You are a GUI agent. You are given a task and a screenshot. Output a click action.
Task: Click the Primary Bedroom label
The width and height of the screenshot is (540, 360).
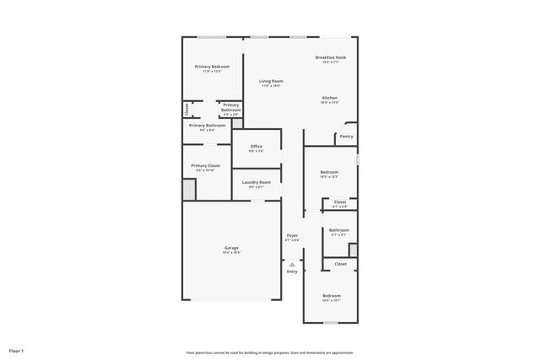[212, 66]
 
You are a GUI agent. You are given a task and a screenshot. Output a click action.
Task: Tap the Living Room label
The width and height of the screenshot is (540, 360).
[271, 81]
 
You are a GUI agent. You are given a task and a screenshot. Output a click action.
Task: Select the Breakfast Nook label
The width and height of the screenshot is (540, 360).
[331, 57]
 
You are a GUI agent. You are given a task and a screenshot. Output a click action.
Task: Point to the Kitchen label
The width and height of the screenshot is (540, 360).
[329, 98]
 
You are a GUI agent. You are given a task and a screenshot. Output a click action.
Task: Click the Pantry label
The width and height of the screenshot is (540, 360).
[346, 136]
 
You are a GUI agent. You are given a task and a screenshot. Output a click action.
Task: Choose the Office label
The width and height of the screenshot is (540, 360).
[256, 147]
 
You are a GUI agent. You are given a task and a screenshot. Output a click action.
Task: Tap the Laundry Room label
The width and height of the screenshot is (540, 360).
[256, 182]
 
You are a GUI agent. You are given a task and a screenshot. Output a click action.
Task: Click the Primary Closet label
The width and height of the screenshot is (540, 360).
[205, 166]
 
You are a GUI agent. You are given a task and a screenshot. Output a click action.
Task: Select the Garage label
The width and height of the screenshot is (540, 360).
[230, 248]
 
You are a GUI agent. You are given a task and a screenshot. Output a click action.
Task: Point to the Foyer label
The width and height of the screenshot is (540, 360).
[292, 235]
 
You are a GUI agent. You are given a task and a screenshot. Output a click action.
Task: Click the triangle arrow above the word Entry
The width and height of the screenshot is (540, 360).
[292, 264]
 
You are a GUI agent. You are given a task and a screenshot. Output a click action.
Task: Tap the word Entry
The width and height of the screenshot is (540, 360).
[292, 271]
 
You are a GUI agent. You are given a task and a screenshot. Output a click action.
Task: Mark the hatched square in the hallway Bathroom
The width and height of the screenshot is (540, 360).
[353, 250]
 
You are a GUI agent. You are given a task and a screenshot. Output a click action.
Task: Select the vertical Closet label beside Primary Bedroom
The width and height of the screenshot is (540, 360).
[186, 110]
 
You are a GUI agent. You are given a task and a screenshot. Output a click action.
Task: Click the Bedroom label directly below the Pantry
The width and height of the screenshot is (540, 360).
[329, 172]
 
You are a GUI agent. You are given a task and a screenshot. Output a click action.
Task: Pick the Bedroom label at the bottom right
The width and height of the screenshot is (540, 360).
[331, 296]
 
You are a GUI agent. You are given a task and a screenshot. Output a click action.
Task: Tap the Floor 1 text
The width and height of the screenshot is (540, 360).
[17, 350]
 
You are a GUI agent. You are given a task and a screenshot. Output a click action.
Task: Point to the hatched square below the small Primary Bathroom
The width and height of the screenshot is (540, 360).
[237, 123]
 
